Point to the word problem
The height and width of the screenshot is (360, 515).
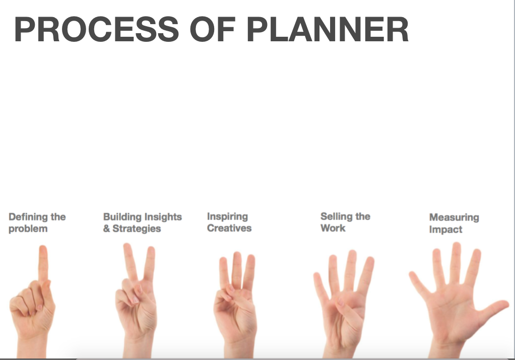point(28,229)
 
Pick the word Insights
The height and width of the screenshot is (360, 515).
point(163,217)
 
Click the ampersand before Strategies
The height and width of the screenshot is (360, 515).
point(106,229)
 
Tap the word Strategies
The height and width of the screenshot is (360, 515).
point(137,229)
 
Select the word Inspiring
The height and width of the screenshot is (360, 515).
point(227,217)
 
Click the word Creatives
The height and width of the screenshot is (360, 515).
point(229,228)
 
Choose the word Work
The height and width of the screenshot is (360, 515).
point(333,228)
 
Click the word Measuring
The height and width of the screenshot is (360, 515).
point(454,218)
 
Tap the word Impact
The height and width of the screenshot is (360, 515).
point(445,230)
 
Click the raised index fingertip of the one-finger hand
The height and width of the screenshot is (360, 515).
point(43,249)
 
